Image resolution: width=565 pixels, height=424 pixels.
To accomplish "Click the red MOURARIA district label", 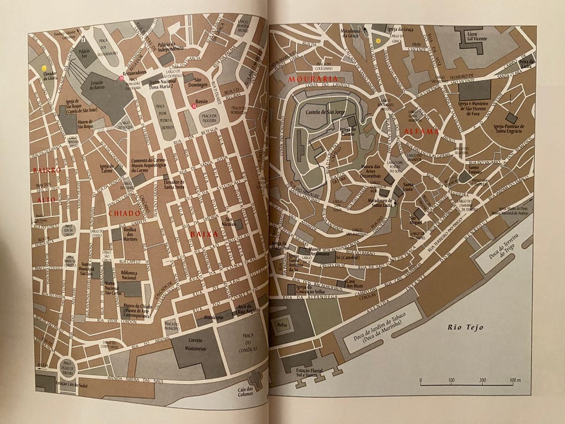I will [313, 78].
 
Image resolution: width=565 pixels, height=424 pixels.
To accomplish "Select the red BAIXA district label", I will [204, 234].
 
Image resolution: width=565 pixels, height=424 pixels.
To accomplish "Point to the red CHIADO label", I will [124, 213].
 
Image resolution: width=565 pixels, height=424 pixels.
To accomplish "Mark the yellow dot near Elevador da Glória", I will [44, 68].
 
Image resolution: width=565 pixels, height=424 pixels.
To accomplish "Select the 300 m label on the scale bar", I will [515, 380].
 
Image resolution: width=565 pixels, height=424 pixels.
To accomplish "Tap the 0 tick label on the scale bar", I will [420, 380].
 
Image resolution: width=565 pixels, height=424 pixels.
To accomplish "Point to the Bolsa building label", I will [281, 324].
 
